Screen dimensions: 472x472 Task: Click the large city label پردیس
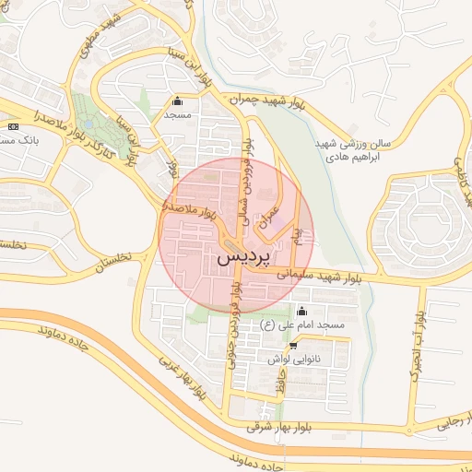coord(245,258)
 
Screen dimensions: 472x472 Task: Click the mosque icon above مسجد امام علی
coord(301,310)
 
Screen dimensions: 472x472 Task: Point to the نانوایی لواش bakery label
coord(294,360)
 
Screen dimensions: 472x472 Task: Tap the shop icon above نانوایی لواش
coord(293,346)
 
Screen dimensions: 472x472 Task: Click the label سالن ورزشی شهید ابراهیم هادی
coord(355,150)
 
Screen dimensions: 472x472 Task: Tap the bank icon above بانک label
coord(13,125)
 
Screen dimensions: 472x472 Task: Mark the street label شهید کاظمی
coord(455,171)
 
